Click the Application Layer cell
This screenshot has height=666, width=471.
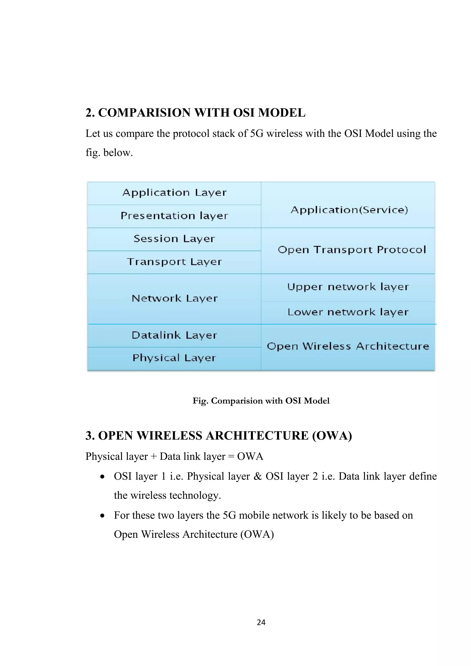point(174,193)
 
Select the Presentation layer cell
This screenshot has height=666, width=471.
point(174,216)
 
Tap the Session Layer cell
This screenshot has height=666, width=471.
point(174,239)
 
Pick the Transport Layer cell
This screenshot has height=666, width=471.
point(174,262)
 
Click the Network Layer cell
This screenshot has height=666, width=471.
point(174,299)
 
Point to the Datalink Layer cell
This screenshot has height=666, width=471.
point(174,335)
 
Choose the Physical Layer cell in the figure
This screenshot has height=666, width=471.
point(174,358)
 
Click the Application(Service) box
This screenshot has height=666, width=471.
point(349,210)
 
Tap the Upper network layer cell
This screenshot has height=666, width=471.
point(348,287)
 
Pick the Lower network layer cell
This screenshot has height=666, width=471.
point(348,312)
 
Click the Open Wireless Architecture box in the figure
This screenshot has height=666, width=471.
point(348,346)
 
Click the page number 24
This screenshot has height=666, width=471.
point(261,622)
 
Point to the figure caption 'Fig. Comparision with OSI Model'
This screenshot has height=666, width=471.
point(261,401)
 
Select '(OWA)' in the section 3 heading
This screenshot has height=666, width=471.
point(332,436)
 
